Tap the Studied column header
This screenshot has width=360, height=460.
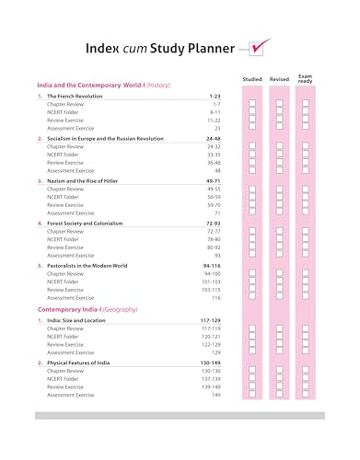click(x=252, y=80)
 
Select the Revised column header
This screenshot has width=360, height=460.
click(x=279, y=80)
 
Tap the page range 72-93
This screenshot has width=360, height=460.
click(x=212, y=224)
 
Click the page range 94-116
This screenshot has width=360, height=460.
click(x=211, y=265)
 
